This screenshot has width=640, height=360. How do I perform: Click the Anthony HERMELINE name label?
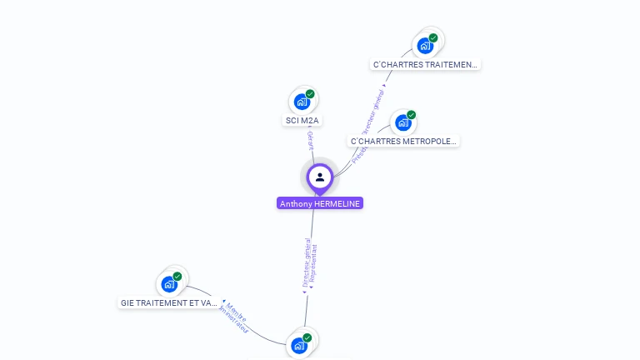pyautogui.click(x=320, y=203)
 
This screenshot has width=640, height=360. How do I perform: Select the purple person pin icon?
pyautogui.click(x=320, y=177)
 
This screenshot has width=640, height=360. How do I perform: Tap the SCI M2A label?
pyautogui.click(x=302, y=121)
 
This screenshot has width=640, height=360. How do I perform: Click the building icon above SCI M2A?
pyautogui.click(x=301, y=102)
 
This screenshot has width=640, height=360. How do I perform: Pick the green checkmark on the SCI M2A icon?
pyautogui.click(x=310, y=94)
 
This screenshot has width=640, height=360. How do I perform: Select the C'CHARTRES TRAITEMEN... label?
pyautogui.click(x=425, y=64)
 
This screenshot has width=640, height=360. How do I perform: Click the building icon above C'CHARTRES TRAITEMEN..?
pyautogui.click(x=424, y=45)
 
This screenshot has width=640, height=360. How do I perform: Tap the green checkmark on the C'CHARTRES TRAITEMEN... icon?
pyautogui.click(x=433, y=37)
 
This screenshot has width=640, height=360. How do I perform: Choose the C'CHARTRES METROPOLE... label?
pyautogui.click(x=403, y=142)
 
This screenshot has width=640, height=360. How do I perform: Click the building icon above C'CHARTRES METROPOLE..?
pyautogui.click(x=402, y=122)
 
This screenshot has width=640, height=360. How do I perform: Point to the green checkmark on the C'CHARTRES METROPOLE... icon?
pyautogui.click(x=412, y=115)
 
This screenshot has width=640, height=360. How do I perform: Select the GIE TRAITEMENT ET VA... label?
pyautogui.click(x=169, y=303)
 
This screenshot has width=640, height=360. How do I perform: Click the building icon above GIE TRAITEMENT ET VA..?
pyautogui.click(x=168, y=283)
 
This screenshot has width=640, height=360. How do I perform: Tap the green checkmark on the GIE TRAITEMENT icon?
pyautogui.click(x=177, y=276)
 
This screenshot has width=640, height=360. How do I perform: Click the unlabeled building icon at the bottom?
pyautogui.click(x=298, y=345)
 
